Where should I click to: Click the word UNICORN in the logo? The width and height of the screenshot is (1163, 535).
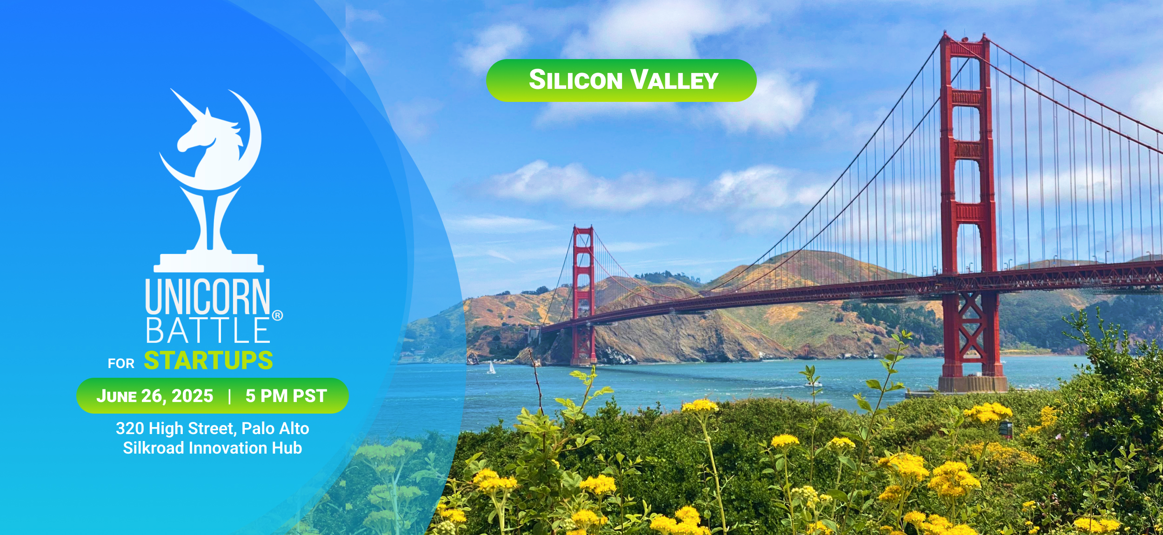[x=207, y=297]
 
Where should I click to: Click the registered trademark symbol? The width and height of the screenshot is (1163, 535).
[x=277, y=315]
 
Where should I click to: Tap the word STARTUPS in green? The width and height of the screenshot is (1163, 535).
[x=208, y=361]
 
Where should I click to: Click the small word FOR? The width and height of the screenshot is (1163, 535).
[x=121, y=363]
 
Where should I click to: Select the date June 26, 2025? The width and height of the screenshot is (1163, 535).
[x=155, y=396]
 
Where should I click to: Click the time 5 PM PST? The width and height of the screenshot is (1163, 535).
[x=286, y=396]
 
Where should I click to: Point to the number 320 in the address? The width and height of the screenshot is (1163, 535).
[x=130, y=428]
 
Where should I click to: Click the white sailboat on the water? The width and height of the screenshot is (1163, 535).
[x=491, y=368]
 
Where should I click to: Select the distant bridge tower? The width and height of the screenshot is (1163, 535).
[x=583, y=295]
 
